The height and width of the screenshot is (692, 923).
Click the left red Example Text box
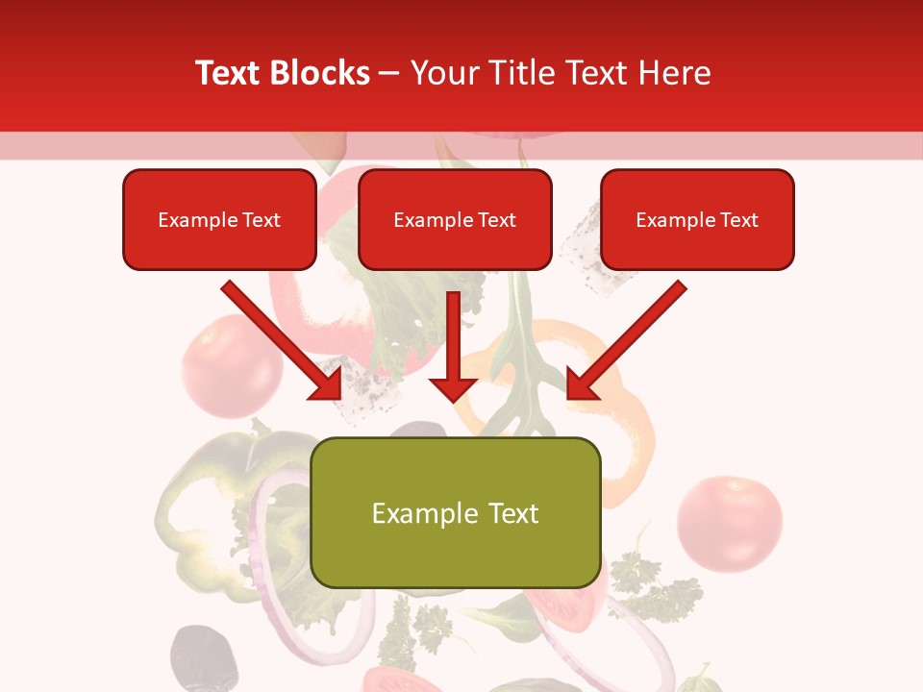[219, 219]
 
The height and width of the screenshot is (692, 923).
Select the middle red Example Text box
[455, 219]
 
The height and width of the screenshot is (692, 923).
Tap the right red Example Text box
[697, 219]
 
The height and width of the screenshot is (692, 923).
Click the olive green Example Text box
[455, 512]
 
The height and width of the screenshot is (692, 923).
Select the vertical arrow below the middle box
[453, 346]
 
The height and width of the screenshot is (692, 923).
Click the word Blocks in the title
[322, 73]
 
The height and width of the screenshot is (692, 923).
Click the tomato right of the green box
[729, 522]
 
